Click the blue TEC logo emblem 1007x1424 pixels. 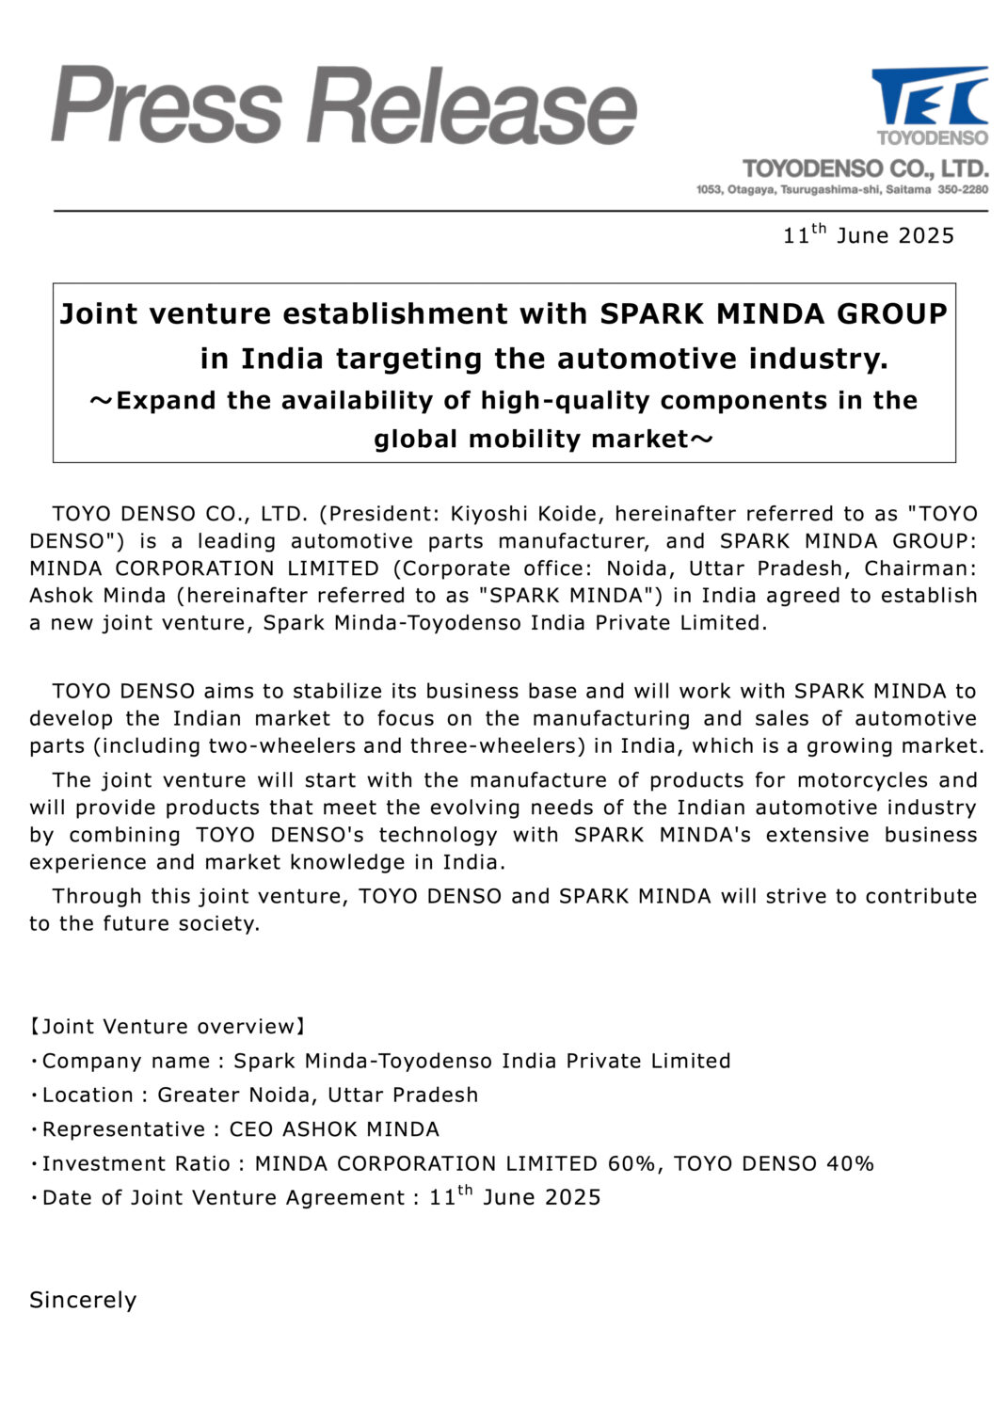929,96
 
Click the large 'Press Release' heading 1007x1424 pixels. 344,105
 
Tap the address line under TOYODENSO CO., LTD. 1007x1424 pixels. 841,190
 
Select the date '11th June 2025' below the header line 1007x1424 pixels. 868,234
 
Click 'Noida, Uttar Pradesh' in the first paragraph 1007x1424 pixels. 723,568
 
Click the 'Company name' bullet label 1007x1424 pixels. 126,1061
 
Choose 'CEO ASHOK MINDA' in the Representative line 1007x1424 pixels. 334,1128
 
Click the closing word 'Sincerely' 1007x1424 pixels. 83,1300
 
